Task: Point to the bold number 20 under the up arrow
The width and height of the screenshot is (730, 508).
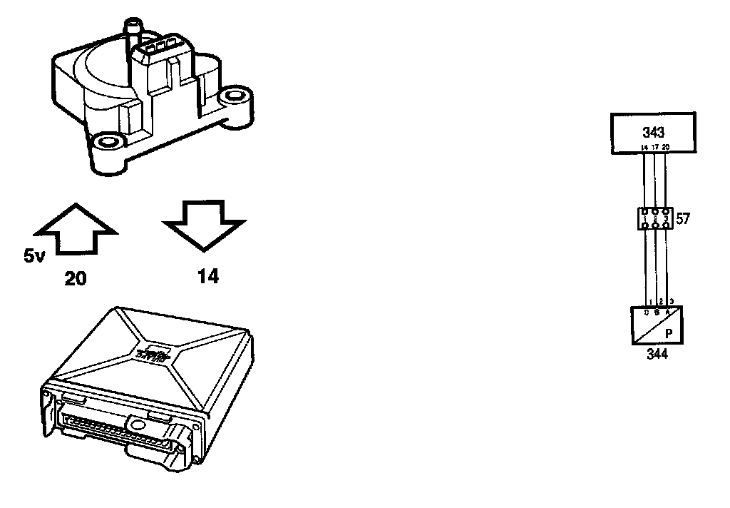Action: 75,279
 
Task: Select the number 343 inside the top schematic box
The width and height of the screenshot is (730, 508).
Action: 653,132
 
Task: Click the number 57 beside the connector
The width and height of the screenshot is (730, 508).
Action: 683,219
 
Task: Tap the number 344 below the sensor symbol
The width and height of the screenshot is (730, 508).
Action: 657,354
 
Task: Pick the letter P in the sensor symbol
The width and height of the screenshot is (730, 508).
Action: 669,333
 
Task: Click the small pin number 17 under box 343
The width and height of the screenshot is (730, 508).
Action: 655,148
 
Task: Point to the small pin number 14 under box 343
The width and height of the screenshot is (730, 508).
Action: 644,148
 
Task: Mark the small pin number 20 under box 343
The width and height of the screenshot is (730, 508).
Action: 665,148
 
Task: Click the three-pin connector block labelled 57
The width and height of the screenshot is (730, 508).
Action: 654,218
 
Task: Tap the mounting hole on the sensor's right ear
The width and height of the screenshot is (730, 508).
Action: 232,96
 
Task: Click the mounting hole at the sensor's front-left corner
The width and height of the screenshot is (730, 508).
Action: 108,141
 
